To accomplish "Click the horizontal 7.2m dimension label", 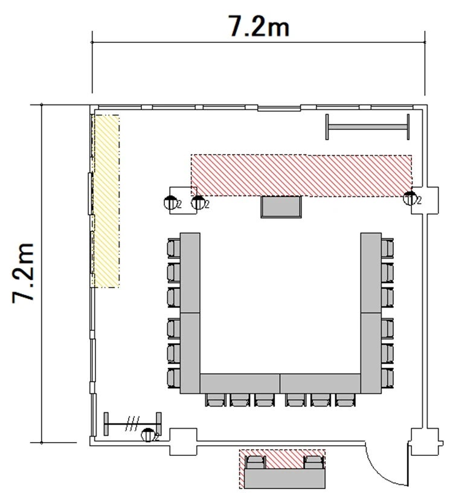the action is (259, 25).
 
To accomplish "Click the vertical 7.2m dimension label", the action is (23, 274).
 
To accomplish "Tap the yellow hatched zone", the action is (106, 201).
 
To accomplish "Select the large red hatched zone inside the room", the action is (301, 175).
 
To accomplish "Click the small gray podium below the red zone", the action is (281, 207).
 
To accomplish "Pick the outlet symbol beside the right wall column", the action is (410, 198).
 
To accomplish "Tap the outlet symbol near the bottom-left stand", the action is (148, 435).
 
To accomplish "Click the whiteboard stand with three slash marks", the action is (132, 424).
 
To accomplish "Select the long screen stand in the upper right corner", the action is (367, 127).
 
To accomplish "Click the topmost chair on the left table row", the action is (173, 248).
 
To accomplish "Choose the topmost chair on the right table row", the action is (387, 248).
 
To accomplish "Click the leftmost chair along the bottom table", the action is (216, 400).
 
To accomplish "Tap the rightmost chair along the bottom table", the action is (345, 400).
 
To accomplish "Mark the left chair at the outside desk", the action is (256, 462).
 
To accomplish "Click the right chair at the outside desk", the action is (313, 462).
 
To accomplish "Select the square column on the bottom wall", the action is (183, 441).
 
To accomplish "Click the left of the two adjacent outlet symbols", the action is (171, 202).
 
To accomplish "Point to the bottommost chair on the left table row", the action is (173, 378).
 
